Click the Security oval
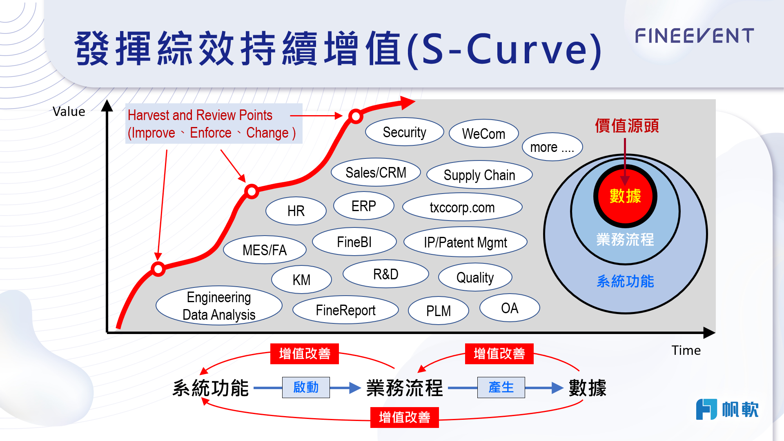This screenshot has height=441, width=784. pyautogui.click(x=404, y=132)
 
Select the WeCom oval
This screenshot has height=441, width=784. pyautogui.click(x=483, y=134)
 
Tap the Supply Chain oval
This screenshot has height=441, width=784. pyautogui.click(x=479, y=175)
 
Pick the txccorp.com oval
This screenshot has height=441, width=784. pyautogui.click(x=462, y=207)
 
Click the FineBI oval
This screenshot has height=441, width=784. pyautogui.click(x=354, y=242)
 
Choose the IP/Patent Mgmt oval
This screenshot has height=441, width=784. pyautogui.click(x=465, y=242)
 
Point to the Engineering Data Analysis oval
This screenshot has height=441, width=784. pyautogui.click(x=219, y=306)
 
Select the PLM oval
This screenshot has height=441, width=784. pyautogui.click(x=438, y=311)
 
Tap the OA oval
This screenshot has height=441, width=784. pyautogui.click(x=509, y=308)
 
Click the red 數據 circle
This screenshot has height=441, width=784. pyautogui.click(x=625, y=196)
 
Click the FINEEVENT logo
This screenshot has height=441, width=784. pyautogui.click(x=694, y=36)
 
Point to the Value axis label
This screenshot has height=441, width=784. pyautogui.click(x=69, y=111)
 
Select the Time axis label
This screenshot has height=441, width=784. pyautogui.click(x=686, y=350)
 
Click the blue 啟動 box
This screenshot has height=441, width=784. pyautogui.click(x=306, y=387)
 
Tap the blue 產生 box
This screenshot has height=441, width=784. pyautogui.click(x=501, y=387)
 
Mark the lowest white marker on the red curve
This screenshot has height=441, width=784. pyautogui.click(x=158, y=269)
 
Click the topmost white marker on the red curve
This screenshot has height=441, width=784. pyautogui.click(x=356, y=116)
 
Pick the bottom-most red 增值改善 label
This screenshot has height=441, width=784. pyautogui.click(x=404, y=417)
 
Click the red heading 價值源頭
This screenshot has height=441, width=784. pyautogui.click(x=626, y=125)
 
